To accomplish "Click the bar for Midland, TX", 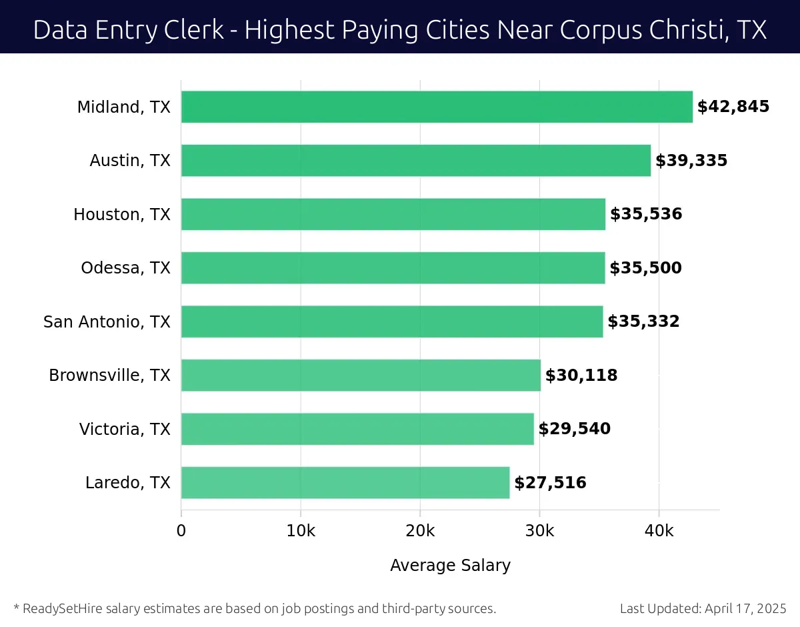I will coord(437,107).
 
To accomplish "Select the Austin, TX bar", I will coord(415,161).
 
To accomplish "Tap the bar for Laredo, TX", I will coord(345,482).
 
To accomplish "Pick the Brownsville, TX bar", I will coord(361,376).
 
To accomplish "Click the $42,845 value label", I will coord(733,107).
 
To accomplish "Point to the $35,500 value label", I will coord(645,268).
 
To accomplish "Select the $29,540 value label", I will coord(574,429).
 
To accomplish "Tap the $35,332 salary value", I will coord(643,322).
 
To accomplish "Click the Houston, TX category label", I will coord(122,215).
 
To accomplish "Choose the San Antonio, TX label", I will coord(107,322).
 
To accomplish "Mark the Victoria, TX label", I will coord(125,429).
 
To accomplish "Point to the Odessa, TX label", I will coord(125,268).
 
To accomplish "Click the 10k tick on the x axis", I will coord(300,531).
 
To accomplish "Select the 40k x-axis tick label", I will coord(659,531).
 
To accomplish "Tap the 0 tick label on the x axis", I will coord(181,531).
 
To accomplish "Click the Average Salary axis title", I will coord(450,566).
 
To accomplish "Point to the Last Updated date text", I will coord(703,608).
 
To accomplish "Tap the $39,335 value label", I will coord(691,161).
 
